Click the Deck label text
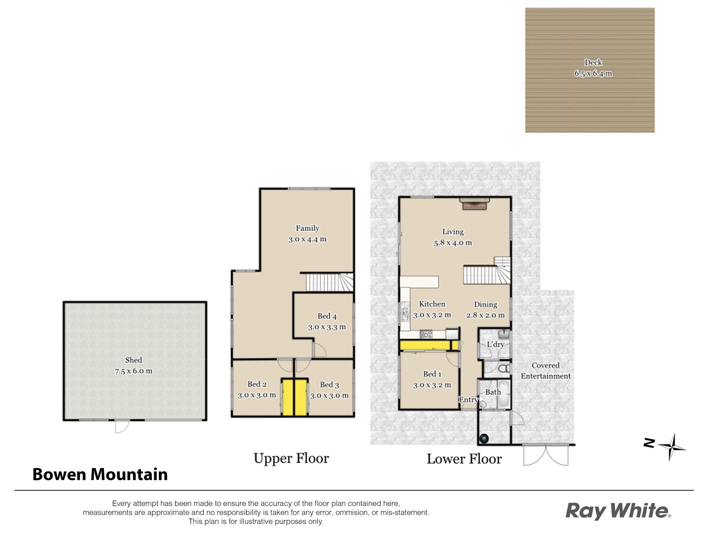coord(593,63)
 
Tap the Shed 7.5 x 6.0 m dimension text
coord(134,371)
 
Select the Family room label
coord(307,228)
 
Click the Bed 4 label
coord(327,316)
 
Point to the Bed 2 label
coord(257,384)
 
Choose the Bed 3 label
coord(329,385)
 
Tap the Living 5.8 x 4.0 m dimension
coord(453,243)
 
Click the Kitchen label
coord(432,304)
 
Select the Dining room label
coord(486,304)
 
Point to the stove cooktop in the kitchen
coord(426,334)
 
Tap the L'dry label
coord(495,344)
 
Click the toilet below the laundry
coord(504,369)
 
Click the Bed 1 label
coord(432,374)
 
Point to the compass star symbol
coord(672,447)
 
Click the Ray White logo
coord(618,511)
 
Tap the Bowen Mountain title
coord(100,474)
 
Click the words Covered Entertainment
coord(546,371)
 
